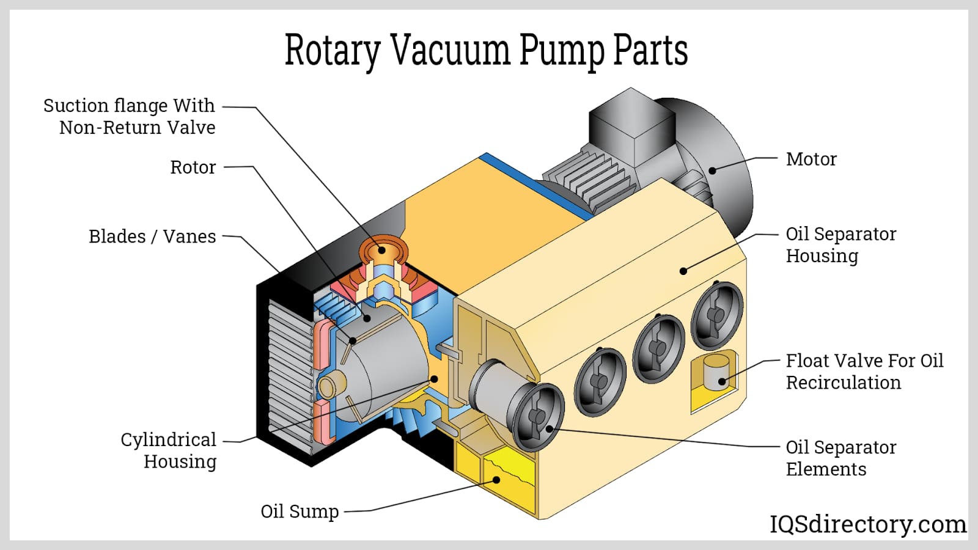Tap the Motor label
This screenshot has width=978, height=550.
pos(811,159)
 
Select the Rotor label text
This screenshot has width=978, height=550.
pos(193,167)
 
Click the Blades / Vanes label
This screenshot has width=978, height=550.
pos(152,237)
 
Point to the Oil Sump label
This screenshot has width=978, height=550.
pos(300,511)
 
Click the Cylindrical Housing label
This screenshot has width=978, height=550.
pos(169,450)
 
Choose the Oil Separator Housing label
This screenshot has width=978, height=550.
pos(840,244)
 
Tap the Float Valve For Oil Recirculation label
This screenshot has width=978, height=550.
pos(864,372)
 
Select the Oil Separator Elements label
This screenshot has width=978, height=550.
pos(840,458)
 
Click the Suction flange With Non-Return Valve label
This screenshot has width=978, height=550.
pos(130,116)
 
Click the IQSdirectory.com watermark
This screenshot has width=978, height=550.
pos(867,524)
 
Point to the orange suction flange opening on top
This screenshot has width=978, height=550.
pos(383,249)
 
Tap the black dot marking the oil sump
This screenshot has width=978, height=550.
pos(496,480)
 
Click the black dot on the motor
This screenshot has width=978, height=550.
pos(712,170)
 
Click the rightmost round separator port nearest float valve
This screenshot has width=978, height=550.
pos(717,313)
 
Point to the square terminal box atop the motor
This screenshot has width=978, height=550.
pos(630,128)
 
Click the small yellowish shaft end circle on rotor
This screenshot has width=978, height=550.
pos(327,386)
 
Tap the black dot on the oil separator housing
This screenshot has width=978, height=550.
pos(683,271)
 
